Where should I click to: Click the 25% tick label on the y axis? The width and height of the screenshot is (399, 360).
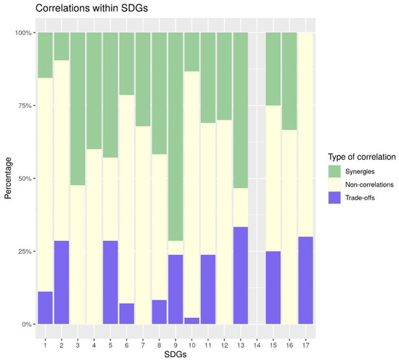click(x=22, y=251)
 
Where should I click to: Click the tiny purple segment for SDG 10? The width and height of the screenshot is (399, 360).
click(x=192, y=321)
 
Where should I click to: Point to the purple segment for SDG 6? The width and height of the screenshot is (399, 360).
click(x=126, y=314)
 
